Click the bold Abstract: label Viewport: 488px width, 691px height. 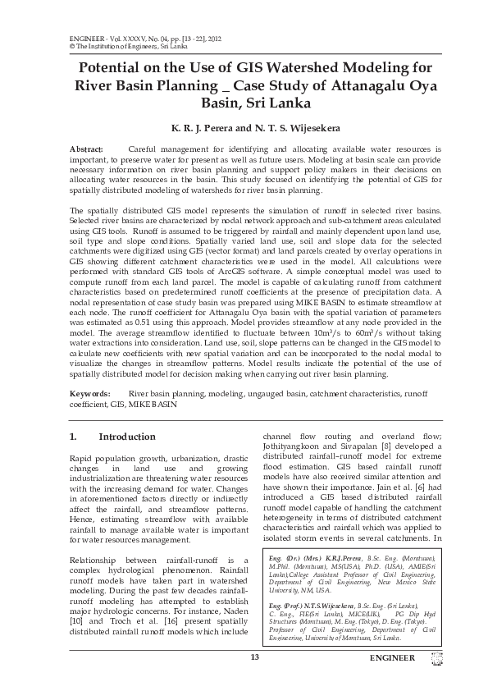(88, 149)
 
